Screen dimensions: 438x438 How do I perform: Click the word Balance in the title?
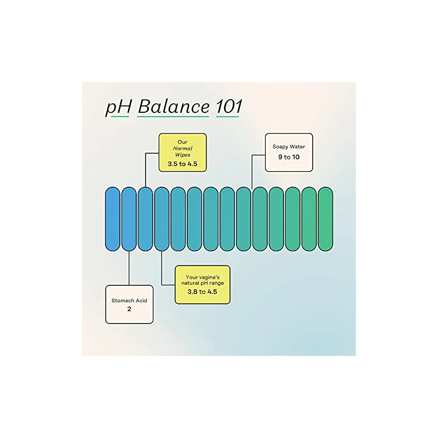click(x=174, y=107)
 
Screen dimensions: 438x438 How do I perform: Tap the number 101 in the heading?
click(x=229, y=107)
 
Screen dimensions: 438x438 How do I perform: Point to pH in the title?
click(x=119, y=108)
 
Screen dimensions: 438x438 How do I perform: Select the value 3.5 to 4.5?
click(x=182, y=164)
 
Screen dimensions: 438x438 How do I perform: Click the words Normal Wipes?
click(x=183, y=152)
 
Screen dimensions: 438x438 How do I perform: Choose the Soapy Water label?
click(x=289, y=147)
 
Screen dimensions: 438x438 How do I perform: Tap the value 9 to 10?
click(x=289, y=157)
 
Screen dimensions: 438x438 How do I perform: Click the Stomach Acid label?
click(x=129, y=301)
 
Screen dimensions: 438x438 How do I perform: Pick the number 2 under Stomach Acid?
click(x=129, y=309)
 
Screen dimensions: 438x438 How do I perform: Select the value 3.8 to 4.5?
click(x=202, y=292)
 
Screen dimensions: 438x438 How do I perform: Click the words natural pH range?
click(x=203, y=283)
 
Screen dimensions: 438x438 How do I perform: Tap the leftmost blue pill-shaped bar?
click(x=113, y=219)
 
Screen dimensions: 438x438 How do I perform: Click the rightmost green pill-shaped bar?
click(x=325, y=219)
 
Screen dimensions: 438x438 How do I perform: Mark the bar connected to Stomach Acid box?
click(x=129, y=219)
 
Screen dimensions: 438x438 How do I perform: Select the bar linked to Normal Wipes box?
click(x=145, y=219)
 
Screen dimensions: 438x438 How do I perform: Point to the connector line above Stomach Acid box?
click(x=129, y=268)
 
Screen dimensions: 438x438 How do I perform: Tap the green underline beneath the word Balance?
click(x=173, y=116)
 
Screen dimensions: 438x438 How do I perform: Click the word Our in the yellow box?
click(x=182, y=142)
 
